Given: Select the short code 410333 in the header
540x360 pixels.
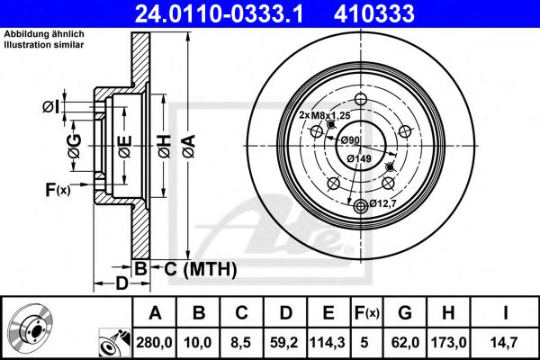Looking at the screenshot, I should (400, 13).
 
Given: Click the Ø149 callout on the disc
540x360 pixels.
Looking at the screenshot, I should (361, 158).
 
